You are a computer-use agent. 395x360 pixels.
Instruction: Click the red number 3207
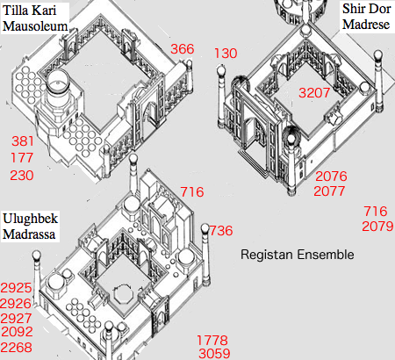314,93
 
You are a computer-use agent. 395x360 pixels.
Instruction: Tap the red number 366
183,49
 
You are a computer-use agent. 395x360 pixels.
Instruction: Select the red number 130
226,54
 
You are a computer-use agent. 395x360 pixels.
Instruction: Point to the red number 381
23,141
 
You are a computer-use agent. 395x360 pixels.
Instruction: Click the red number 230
22,176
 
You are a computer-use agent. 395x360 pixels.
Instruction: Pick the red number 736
221,231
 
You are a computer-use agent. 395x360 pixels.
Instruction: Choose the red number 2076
331,176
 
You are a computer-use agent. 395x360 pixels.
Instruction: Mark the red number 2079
377,227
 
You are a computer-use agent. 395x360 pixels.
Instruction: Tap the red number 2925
16,288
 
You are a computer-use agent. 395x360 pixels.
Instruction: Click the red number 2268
17,348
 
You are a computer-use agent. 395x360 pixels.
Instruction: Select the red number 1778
212,341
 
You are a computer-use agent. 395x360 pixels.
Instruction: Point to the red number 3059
214,354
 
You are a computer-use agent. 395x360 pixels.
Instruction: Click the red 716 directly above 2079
376,212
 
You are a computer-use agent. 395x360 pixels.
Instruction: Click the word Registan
267,255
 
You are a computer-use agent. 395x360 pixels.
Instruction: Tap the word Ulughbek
31,219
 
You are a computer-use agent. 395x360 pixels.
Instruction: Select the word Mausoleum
35,26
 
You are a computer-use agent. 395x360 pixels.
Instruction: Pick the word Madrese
366,24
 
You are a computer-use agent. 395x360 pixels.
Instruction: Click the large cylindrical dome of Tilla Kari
58,83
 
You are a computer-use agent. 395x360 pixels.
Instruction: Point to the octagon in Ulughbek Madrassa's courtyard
123,295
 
